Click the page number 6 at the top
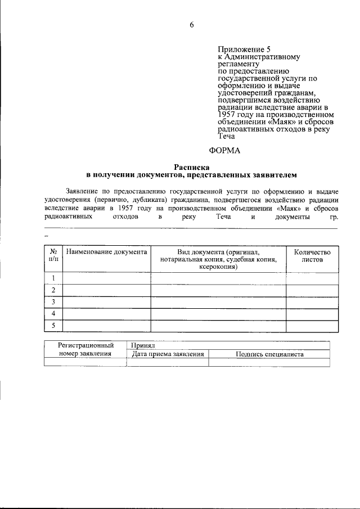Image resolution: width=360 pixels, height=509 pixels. [191, 25]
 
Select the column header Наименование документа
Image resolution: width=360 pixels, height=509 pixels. [106, 253]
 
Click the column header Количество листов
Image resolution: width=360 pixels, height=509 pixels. [312, 256]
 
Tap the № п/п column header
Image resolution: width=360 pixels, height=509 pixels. [53, 256]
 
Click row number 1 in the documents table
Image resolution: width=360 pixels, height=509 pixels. [53, 278]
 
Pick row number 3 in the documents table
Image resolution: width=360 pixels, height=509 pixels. [53, 302]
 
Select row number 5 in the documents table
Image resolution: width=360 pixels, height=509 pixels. [53, 326]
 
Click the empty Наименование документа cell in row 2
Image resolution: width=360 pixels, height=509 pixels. [106, 290]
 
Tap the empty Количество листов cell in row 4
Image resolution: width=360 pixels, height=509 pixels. [312, 314]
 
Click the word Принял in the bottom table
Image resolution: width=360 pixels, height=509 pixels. [142, 346]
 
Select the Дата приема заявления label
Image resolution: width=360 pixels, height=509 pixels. [167, 354]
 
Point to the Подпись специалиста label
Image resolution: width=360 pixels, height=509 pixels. [269, 354]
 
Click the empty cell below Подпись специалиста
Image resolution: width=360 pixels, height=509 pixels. [269, 363]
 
